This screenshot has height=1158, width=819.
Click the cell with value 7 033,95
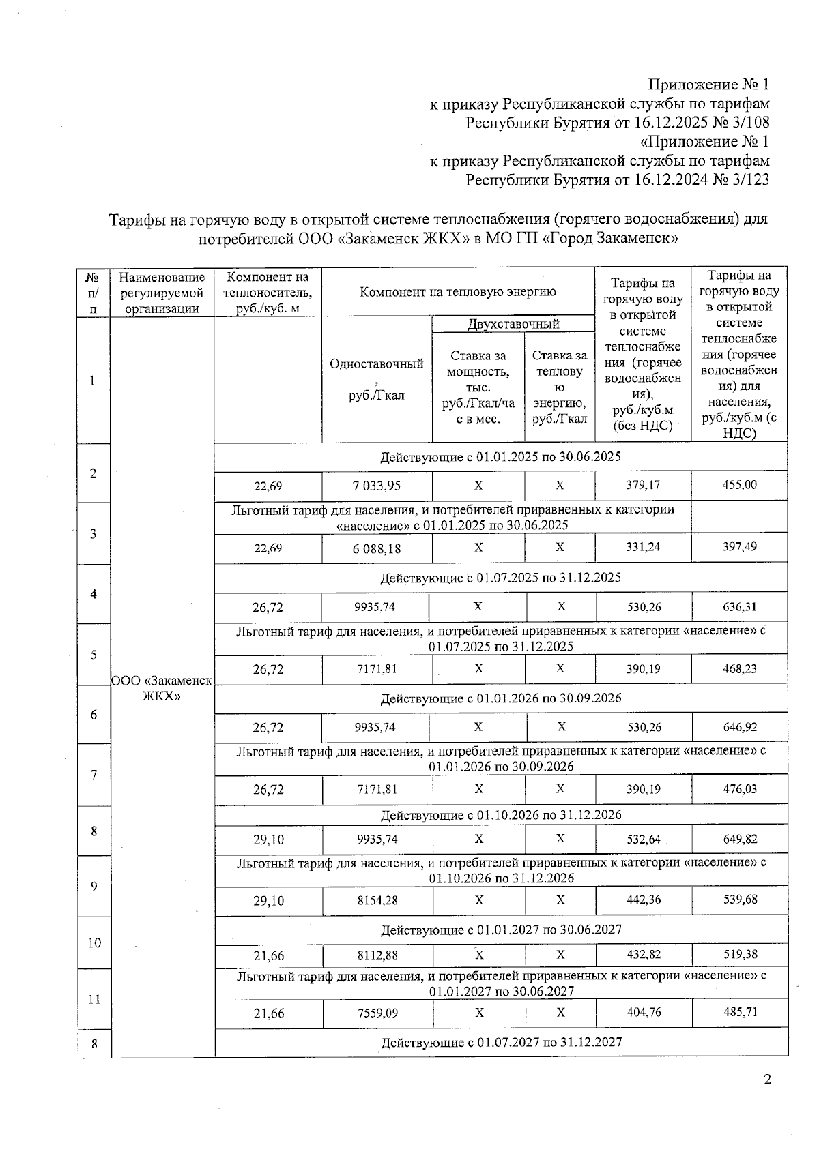377,486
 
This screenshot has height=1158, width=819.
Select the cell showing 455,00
739,485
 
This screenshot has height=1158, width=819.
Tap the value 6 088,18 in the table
377,548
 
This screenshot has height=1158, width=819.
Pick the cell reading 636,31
739,607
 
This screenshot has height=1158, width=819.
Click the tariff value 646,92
740,727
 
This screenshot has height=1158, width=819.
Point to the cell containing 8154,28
377,900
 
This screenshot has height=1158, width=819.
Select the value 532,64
644,839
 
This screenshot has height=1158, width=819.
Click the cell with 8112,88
377,955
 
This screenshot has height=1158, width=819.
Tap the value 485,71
740,1012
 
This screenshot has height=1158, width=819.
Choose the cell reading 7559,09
377,1013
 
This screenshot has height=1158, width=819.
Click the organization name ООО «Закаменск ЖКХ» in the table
162,688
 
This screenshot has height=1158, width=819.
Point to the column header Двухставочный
513,324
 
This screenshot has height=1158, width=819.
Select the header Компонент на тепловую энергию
458,292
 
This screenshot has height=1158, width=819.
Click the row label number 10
94,943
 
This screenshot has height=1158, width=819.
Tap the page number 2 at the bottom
767,1080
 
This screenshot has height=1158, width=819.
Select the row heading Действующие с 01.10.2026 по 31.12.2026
500,815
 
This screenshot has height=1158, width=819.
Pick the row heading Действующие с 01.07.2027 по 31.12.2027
500,1043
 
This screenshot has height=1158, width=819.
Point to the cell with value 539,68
740,900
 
